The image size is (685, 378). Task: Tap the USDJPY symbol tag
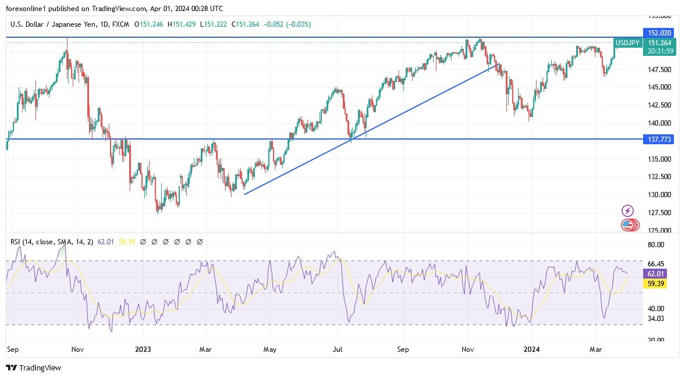pyautogui.click(x=628, y=43)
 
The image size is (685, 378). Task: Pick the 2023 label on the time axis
pyautogui.click(x=143, y=350)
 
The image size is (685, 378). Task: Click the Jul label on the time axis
pyautogui.click(x=337, y=350)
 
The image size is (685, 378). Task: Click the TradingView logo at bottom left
pyautogui.click(x=33, y=368)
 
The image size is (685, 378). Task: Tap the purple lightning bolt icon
pyautogui.click(x=627, y=211)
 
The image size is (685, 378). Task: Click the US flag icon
pyautogui.click(x=627, y=224)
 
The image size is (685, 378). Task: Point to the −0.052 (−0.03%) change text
pyautogui.click(x=287, y=24)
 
